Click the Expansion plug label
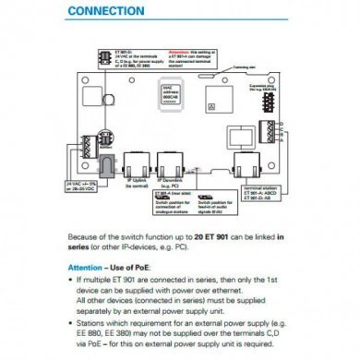tap(270, 83)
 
